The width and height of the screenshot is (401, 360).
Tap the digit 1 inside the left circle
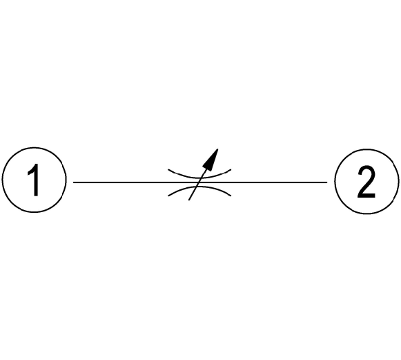[34, 180]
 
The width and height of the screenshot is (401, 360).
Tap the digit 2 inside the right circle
[366, 182]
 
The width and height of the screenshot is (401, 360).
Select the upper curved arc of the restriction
[199, 178]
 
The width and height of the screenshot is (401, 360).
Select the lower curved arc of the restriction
[199, 187]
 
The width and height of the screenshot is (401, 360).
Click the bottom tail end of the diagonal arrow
[188, 200]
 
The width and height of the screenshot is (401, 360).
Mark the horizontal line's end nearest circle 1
[74, 182]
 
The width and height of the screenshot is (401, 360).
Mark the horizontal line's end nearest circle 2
[327, 182]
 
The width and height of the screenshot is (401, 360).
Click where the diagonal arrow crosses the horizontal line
[197, 182]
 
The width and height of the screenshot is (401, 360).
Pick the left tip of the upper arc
[168, 169]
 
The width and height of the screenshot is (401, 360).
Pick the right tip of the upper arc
[231, 169]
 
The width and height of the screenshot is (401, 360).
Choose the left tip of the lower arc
[168, 196]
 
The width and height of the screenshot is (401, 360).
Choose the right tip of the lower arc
[231, 196]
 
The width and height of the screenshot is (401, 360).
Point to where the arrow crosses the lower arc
[195, 187]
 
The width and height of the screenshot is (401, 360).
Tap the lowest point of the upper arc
[199, 178]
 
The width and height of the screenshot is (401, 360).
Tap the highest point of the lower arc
[199, 187]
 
